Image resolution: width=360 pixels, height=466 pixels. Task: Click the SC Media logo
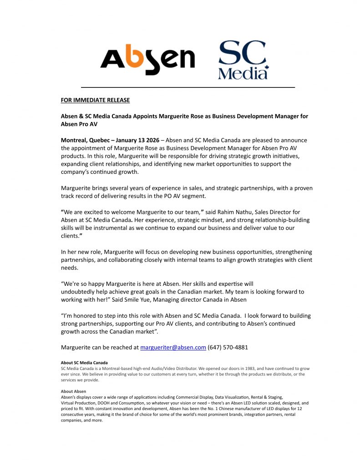click(x=243, y=60)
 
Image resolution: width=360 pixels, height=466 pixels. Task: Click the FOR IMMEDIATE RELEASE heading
click(x=95, y=100)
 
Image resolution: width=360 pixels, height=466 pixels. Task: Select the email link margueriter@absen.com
click(x=173, y=347)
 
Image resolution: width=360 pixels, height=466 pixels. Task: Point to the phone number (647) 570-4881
click(x=228, y=347)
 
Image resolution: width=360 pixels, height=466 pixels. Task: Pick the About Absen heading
click(x=73, y=391)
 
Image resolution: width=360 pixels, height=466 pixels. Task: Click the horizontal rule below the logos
click(x=188, y=87)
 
